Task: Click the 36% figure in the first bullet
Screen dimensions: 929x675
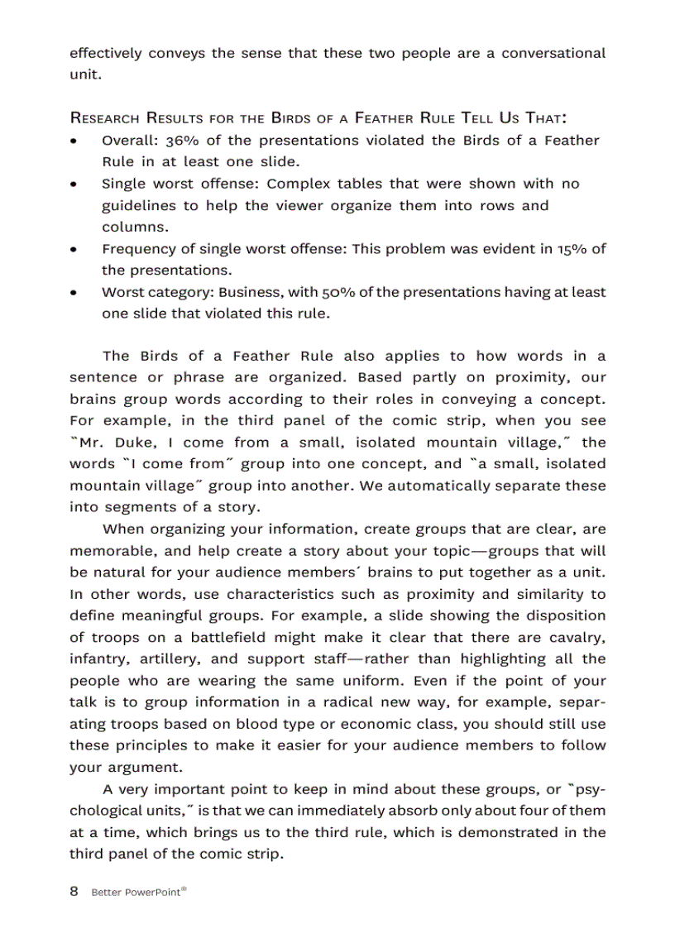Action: pyautogui.click(x=181, y=141)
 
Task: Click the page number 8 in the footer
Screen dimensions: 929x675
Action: pyautogui.click(x=74, y=892)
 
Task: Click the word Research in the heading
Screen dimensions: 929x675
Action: pyautogui.click(x=105, y=118)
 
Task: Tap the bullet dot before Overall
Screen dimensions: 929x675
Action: pyautogui.click(x=75, y=141)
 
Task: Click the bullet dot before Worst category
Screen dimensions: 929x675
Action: pyautogui.click(x=75, y=293)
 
